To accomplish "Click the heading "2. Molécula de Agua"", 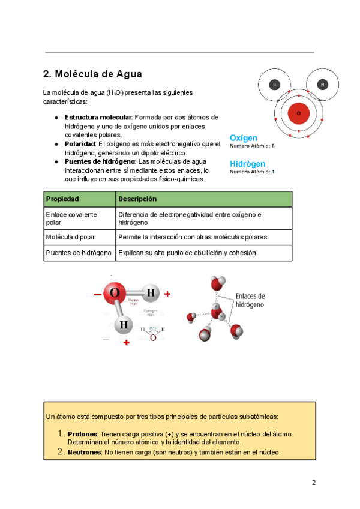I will pos(92,74).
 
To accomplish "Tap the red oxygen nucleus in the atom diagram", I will pos(298,113).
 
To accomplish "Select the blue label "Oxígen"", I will pos(244,138).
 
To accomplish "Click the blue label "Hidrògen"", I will pos(247,164).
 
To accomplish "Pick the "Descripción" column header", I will pos(137,199).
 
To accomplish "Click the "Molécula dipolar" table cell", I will pos(70,237).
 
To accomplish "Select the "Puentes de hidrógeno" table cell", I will pos(79,253).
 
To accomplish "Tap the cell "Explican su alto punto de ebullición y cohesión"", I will pos(187,253).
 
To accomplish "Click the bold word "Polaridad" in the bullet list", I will pos(80,145).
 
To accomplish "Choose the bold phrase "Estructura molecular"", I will pos(98,117).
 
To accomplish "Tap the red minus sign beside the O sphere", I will pos(97,294).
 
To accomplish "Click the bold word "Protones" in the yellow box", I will pos(83,434).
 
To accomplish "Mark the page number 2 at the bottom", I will pos(313,483).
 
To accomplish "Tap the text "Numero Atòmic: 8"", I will pos(252,146).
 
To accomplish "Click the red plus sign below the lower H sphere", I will pos(126,343).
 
